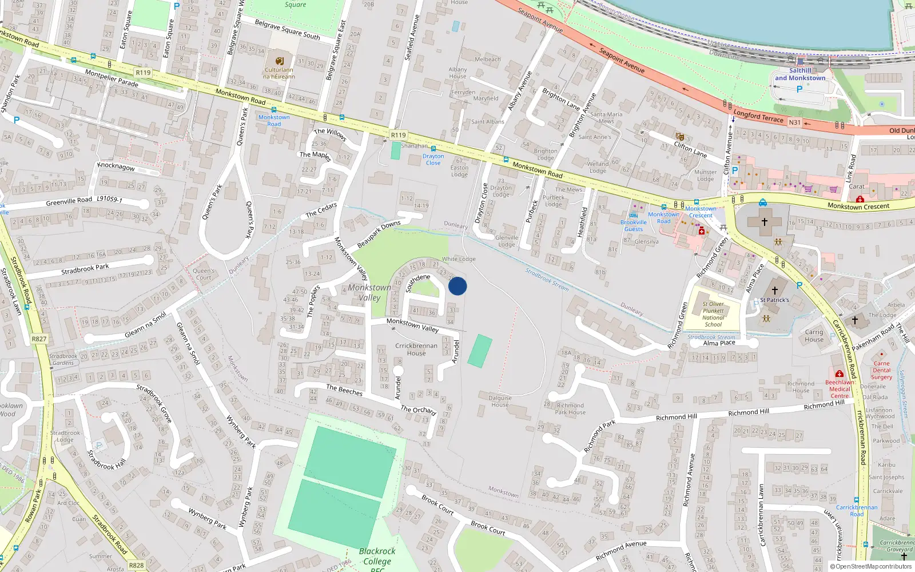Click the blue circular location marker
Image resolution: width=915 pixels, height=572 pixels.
[457, 286]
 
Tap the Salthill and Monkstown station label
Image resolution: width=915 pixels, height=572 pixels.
[800, 74]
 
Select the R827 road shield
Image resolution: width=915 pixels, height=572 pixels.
[39, 339]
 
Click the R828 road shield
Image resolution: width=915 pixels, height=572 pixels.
[136, 565]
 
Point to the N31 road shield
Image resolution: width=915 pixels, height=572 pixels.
[795, 122]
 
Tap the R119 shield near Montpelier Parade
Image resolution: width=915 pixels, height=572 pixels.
[143, 73]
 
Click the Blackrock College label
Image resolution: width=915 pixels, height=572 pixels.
[377, 557]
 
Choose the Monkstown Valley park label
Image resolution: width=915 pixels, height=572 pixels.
[369, 292]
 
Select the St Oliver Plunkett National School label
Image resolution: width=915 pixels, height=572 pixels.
[713, 314]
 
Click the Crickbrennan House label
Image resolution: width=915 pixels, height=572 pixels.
[416, 349]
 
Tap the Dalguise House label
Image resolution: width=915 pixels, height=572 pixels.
[500, 401]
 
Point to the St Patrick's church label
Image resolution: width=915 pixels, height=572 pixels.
[774, 300]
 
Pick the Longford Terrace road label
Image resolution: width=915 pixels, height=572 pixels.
[758, 116]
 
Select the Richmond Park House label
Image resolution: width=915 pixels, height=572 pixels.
[570, 408]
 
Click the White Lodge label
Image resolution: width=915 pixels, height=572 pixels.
[459, 259]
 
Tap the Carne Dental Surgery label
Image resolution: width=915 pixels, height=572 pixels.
[881, 370]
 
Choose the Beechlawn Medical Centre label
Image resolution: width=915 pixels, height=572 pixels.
[840, 389]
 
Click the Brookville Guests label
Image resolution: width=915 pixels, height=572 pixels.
[633, 226]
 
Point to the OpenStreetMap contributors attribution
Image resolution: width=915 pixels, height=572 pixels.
[871, 566]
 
